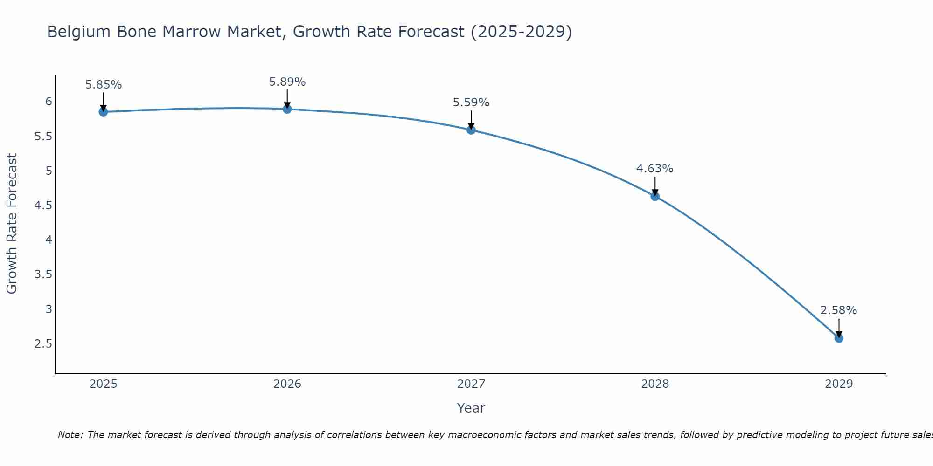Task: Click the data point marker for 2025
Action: click(104, 112)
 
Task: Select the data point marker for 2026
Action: click(287, 109)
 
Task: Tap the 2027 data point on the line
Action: click(471, 130)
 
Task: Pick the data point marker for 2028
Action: click(655, 196)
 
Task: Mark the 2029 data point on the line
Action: click(839, 338)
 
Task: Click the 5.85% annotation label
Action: click(104, 85)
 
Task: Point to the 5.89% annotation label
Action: click(287, 82)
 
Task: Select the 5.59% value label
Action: click(471, 103)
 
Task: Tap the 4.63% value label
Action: click(655, 169)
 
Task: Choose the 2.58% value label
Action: click(839, 310)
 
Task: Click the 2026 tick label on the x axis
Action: click(287, 384)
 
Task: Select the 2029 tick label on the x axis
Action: click(839, 384)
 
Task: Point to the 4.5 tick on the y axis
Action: click(43, 206)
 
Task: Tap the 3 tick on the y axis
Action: click(49, 309)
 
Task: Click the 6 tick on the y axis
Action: click(49, 102)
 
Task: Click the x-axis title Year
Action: click(471, 408)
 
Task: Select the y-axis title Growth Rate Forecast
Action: click(12, 224)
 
